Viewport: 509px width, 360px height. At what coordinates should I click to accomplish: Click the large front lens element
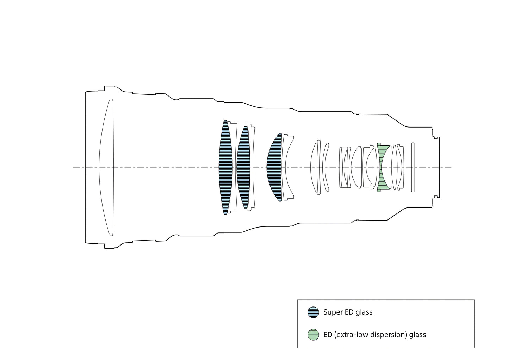tap(106, 167)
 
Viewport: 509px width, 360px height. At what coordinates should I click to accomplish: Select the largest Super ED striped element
tap(225, 167)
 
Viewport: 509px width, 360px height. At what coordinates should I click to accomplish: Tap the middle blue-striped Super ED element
tap(243, 167)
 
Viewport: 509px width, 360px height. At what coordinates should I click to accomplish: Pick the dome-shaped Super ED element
tap(274, 167)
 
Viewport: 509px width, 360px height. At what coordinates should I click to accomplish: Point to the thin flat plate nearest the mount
tap(413, 167)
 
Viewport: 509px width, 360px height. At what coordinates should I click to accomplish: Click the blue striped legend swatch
tap(313, 312)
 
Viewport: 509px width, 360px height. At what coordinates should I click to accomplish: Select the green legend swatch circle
tap(313, 335)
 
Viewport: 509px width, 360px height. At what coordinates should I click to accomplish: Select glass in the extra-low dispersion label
tap(418, 335)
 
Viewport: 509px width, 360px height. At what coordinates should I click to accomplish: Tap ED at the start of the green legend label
tap(328, 335)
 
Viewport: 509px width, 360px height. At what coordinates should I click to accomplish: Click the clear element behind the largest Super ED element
tap(233, 167)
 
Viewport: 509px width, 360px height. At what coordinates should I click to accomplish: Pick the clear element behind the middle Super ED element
tap(252, 167)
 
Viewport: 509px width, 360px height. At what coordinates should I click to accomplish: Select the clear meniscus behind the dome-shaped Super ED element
tap(287, 167)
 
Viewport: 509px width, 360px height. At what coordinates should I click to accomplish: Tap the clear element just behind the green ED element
tap(394, 167)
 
